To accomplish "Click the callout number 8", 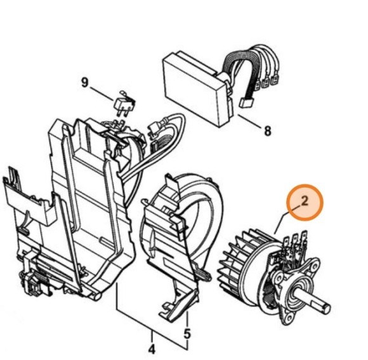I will [267, 131].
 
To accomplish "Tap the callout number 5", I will [187, 333].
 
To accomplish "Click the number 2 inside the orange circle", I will [305, 203].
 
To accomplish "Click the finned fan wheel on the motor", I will [236, 266].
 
